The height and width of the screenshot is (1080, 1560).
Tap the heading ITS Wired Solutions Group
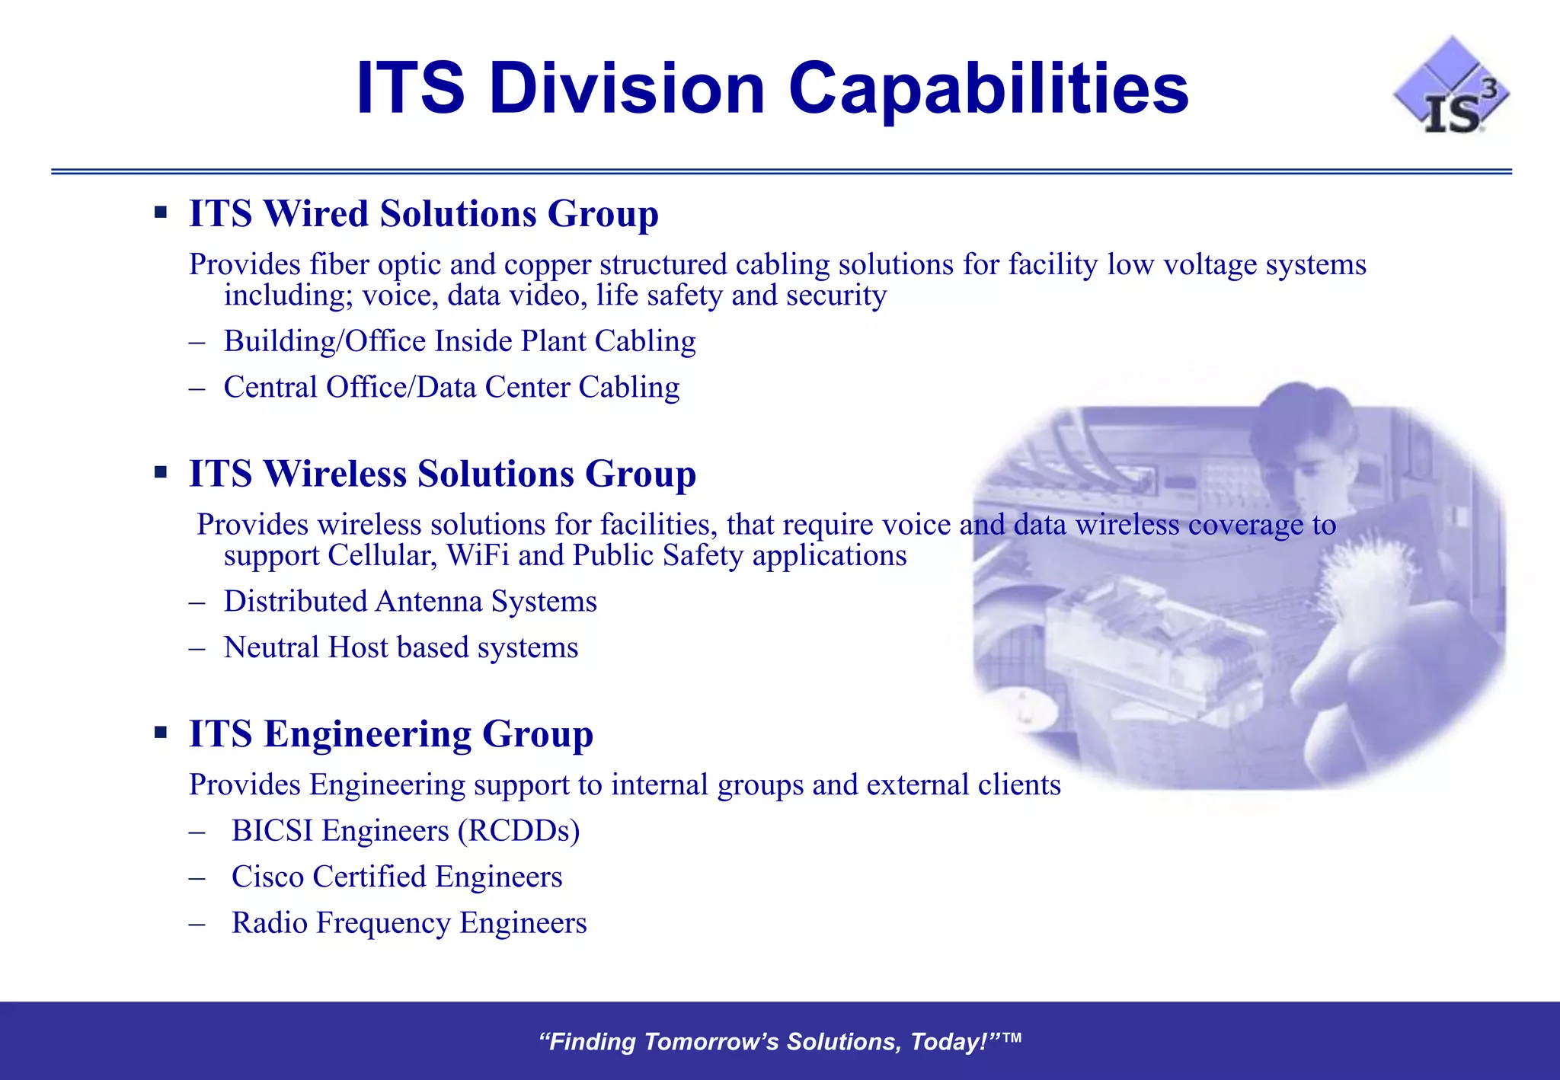coord(424,213)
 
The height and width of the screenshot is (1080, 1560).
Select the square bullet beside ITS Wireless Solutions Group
coord(161,473)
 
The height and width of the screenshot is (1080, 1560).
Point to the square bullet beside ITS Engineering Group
coord(161,733)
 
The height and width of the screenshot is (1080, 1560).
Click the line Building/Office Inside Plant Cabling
coord(459,341)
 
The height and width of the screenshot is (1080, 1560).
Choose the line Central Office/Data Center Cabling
coord(451,388)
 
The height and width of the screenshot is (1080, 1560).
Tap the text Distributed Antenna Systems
coord(410,602)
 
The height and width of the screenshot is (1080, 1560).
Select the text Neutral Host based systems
coord(401,648)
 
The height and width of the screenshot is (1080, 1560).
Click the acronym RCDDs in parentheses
coord(519,831)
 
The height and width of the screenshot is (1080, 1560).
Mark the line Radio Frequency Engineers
coord(409,923)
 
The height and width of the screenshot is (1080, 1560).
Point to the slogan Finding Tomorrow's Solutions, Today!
coord(778,1041)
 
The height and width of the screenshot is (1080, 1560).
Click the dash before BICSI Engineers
coord(197,832)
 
